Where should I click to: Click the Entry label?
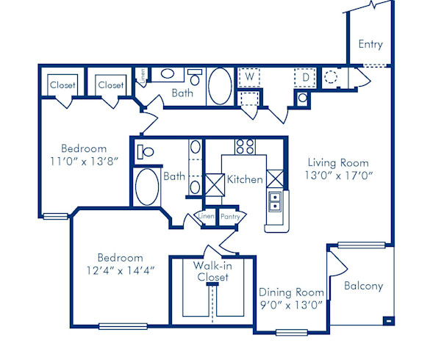point(370,44)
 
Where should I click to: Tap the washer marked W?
point(249,76)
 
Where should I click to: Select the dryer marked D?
point(304,76)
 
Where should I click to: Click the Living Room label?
point(338,162)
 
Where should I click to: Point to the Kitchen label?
point(245,179)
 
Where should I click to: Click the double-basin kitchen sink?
point(276,201)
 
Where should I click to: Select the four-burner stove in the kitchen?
point(245,145)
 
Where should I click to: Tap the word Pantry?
point(231,216)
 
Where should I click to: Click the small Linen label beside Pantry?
point(207,216)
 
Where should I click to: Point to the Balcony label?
point(363,286)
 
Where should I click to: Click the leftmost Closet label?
point(62,85)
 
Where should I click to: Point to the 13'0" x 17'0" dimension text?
point(338,176)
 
